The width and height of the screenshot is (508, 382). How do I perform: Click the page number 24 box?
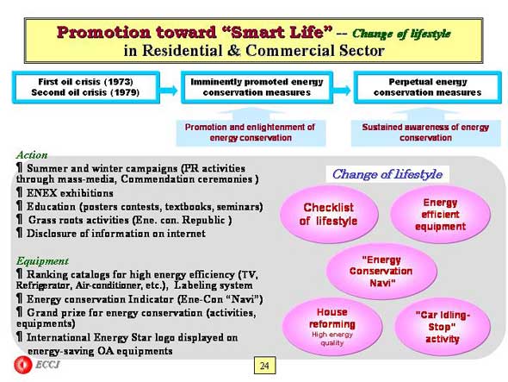pos(264,366)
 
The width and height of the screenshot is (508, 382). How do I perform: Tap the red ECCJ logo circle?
pos(23,365)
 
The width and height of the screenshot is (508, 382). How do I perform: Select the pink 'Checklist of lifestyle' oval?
pos(329,214)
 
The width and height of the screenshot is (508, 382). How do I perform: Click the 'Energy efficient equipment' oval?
pos(440,214)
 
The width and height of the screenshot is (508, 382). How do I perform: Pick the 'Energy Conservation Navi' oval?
pos(381,271)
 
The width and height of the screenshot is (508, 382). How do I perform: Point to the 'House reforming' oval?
pos(332,326)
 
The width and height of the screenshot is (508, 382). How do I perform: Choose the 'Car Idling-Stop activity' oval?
pos(443,327)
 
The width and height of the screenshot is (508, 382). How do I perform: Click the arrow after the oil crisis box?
pos(169,90)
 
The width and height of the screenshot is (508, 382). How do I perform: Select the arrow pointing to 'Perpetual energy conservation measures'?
pos(342,90)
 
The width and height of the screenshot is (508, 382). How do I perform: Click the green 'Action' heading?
pos(32,155)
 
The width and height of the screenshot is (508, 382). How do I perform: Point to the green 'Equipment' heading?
pos(42,261)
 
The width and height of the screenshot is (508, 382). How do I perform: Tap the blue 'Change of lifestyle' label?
pos(387,174)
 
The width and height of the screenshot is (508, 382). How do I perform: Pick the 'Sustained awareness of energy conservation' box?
pos(425,133)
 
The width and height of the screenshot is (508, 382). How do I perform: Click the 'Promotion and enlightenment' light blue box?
pos(251,133)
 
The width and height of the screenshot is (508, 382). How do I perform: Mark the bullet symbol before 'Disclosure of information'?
pos(20,233)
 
